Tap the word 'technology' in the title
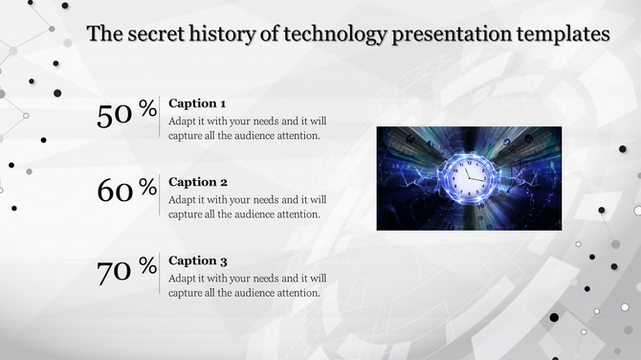(x=332, y=35)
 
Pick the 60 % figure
(x=126, y=191)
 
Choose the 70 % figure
(x=126, y=270)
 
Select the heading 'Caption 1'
(x=197, y=103)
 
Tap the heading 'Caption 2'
(x=197, y=182)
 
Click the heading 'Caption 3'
(x=197, y=260)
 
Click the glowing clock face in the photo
(x=466, y=178)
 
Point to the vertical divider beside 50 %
(x=160, y=118)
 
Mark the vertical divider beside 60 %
(x=160, y=196)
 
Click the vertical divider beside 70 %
(x=160, y=275)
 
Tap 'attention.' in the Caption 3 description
(x=298, y=292)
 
